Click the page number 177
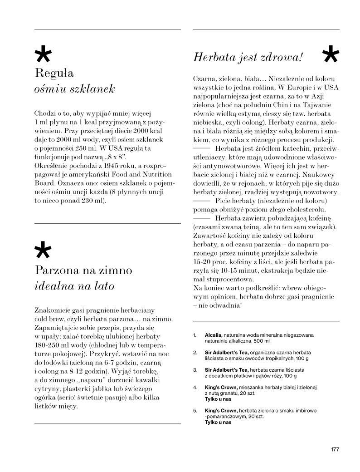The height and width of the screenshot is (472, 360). tap(335, 450)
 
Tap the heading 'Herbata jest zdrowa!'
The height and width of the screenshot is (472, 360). tap(248, 58)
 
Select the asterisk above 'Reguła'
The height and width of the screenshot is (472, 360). tap(43, 56)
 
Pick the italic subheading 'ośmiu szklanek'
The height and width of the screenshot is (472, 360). tap(74, 88)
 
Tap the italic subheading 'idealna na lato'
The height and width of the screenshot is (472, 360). tap(74, 286)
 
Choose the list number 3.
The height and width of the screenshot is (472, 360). tap(195, 370)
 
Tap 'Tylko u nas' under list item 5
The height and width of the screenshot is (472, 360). tap(218, 422)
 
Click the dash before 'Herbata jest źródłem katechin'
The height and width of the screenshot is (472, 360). tap(201, 148)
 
